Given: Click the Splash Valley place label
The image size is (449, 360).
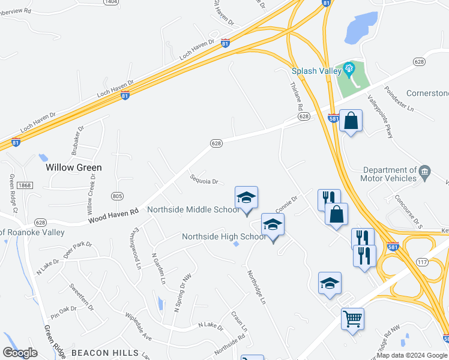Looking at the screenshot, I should click(x=316, y=70).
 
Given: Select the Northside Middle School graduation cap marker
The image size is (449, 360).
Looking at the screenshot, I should click(x=246, y=198).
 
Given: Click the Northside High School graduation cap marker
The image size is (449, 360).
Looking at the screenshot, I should click(x=273, y=226).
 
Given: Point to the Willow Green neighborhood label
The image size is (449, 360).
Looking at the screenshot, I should click(x=74, y=167).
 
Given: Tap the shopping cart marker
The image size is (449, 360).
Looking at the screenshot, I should click(x=352, y=318).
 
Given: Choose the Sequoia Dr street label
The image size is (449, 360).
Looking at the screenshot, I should click(x=203, y=180).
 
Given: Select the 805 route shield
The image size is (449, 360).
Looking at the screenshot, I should click(x=118, y=196).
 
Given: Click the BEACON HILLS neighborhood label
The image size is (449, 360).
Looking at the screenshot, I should click(x=105, y=353).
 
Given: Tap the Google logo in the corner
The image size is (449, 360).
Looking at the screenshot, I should click(x=20, y=353).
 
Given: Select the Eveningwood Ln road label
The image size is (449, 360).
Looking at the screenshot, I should click(x=136, y=248).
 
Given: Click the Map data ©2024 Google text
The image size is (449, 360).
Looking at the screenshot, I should click(x=412, y=355).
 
